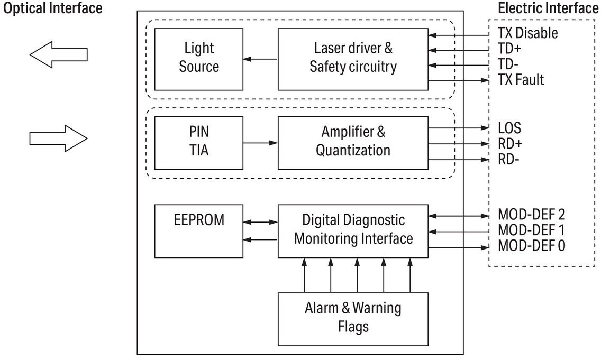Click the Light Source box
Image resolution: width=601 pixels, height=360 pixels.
(x=198, y=59)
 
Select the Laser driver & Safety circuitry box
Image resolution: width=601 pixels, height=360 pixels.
(x=353, y=59)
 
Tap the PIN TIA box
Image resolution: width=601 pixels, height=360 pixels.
(x=198, y=143)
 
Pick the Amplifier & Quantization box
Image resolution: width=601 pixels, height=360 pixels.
(x=353, y=143)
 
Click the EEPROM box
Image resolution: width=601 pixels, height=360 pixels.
(x=198, y=231)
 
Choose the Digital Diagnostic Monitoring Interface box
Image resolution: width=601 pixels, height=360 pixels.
(x=353, y=231)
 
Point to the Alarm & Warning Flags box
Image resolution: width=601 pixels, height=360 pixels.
(x=353, y=319)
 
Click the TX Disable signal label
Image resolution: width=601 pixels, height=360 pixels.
(x=528, y=33)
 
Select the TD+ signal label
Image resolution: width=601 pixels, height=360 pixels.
(x=509, y=49)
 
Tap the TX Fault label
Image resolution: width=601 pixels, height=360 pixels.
(x=521, y=80)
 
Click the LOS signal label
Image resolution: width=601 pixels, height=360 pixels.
(x=509, y=128)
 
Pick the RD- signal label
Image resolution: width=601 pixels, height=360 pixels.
(x=508, y=159)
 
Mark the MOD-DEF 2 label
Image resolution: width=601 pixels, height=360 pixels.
(x=532, y=215)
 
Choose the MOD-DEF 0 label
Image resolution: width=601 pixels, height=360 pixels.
(x=532, y=245)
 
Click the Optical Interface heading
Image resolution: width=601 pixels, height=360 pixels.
(x=53, y=8)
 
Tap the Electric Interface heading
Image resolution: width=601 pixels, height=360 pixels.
(x=548, y=8)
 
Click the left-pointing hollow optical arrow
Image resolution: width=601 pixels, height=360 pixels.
(x=59, y=55)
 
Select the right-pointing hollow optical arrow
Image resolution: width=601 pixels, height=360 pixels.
(x=59, y=139)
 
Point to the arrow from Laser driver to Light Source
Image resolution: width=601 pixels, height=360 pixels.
(x=260, y=59)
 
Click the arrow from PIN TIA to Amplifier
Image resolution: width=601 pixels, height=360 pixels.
(x=260, y=143)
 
